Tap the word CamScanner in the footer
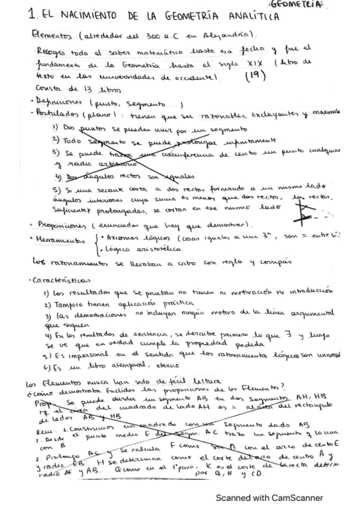295,498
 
